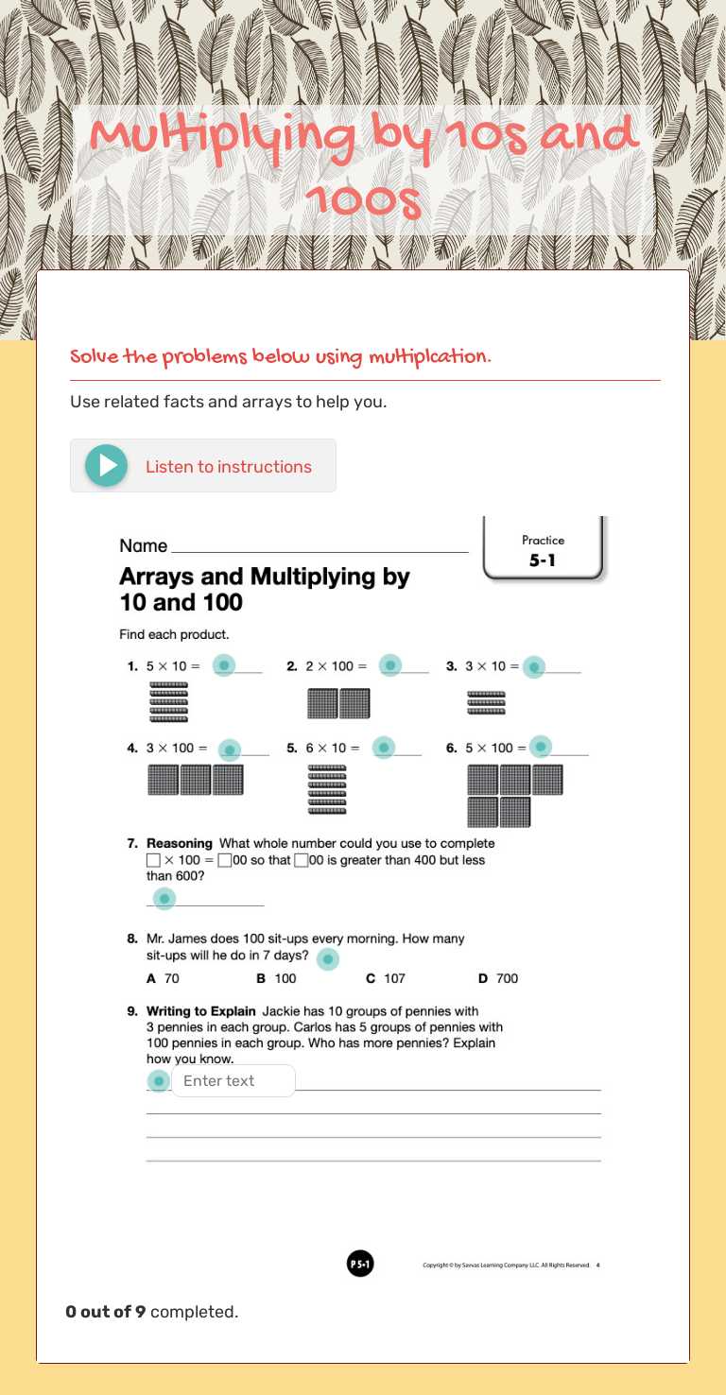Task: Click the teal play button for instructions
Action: point(107,466)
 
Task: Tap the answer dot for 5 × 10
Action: point(223,665)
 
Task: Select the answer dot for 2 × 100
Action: point(390,665)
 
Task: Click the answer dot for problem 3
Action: point(534,667)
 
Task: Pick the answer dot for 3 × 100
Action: point(230,750)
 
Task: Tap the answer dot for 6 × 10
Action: point(383,748)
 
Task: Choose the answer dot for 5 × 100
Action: point(540,747)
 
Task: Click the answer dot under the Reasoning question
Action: point(164,898)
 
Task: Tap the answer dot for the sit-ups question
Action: point(327,959)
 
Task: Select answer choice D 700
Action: point(498,978)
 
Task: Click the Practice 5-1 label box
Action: point(543,550)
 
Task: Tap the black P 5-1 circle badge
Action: point(360,1264)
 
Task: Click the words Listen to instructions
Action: point(228,467)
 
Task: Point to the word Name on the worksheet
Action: point(143,545)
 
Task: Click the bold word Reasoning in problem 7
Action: point(180,843)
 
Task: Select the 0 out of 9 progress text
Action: point(151,1312)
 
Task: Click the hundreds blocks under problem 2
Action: point(338,703)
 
